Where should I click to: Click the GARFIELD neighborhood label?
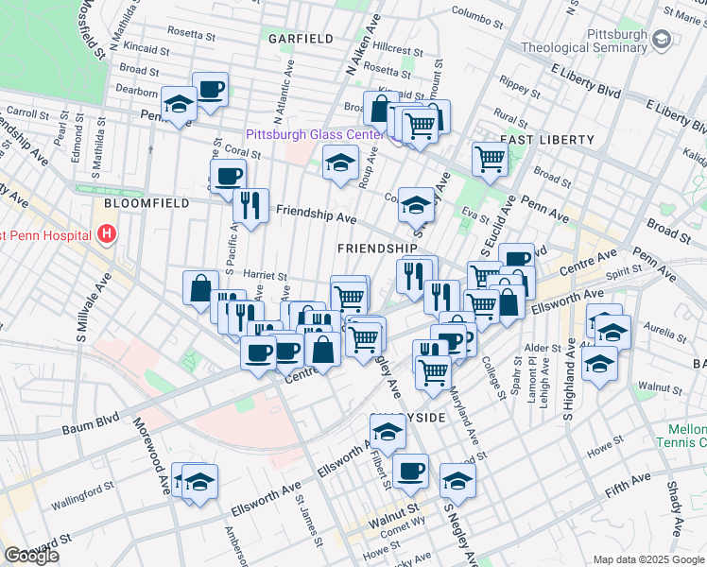click(x=301, y=39)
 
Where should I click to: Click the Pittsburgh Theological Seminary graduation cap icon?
click(x=660, y=39)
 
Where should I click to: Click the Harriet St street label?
click(x=264, y=274)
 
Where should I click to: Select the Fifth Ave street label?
click(x=629, y=489)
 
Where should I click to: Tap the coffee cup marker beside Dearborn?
click(x=210, y=90)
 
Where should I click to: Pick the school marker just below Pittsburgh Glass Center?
click(x=341, y=162)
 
